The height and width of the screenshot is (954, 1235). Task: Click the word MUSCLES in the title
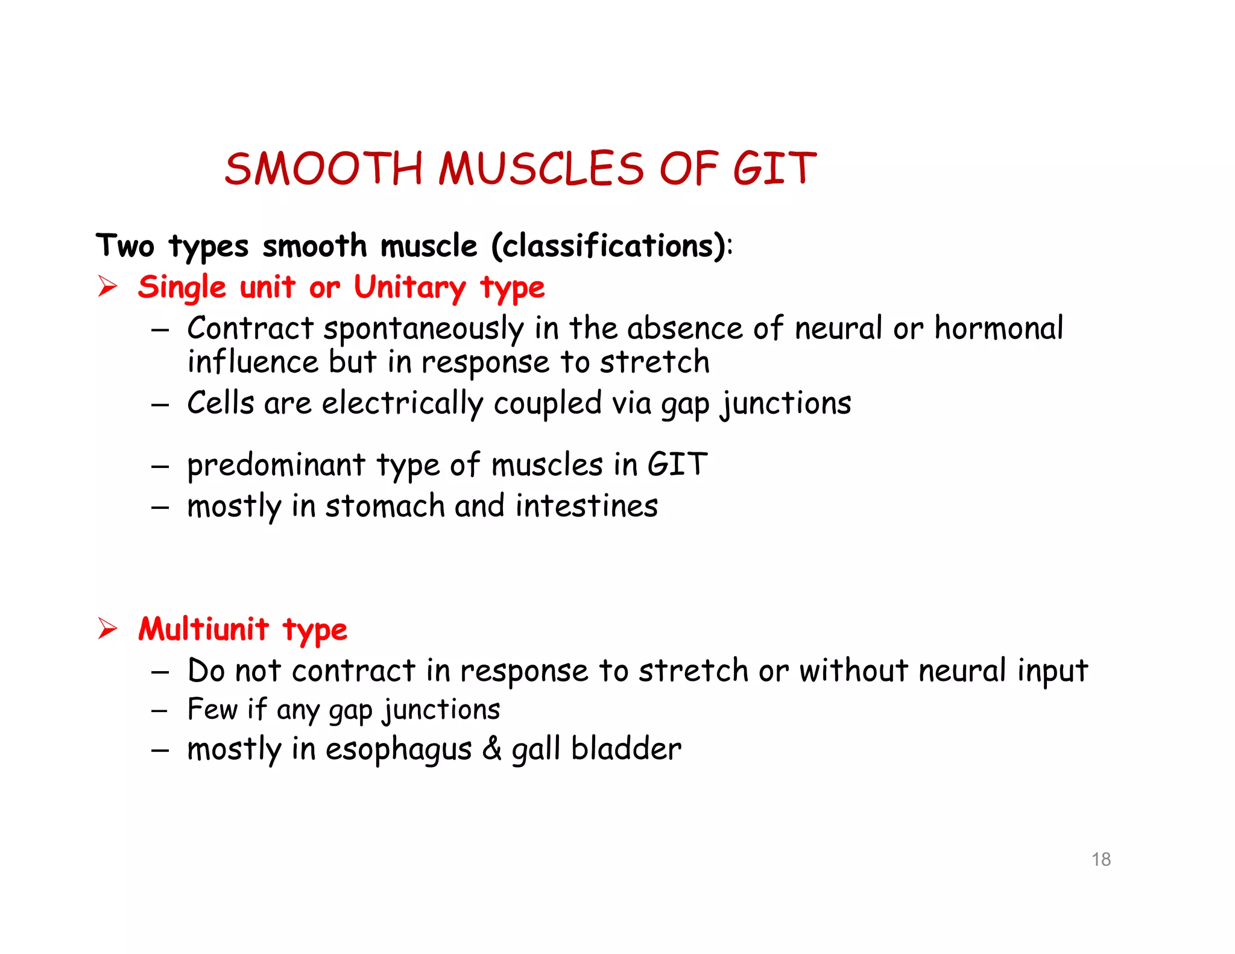tap(541, 168)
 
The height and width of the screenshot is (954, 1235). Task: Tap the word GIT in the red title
tap(774, 168)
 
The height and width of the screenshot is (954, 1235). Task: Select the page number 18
tap(1101, 859)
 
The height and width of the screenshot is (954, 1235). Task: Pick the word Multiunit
tap(203, 629)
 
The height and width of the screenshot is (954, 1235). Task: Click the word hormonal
tap(999, 329)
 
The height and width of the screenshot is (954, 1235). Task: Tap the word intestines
tap(587, 506)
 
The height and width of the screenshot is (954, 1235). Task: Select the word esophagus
tap(399, 750)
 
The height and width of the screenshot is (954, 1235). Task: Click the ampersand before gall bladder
tap(491, 749)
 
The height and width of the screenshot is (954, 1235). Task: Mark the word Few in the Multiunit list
tap(212, 709)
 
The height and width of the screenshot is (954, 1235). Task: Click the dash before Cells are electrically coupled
tap(160, 405)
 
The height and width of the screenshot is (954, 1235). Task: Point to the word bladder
tap(626, 749)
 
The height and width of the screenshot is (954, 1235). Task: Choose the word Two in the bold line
tap(125, 246)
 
